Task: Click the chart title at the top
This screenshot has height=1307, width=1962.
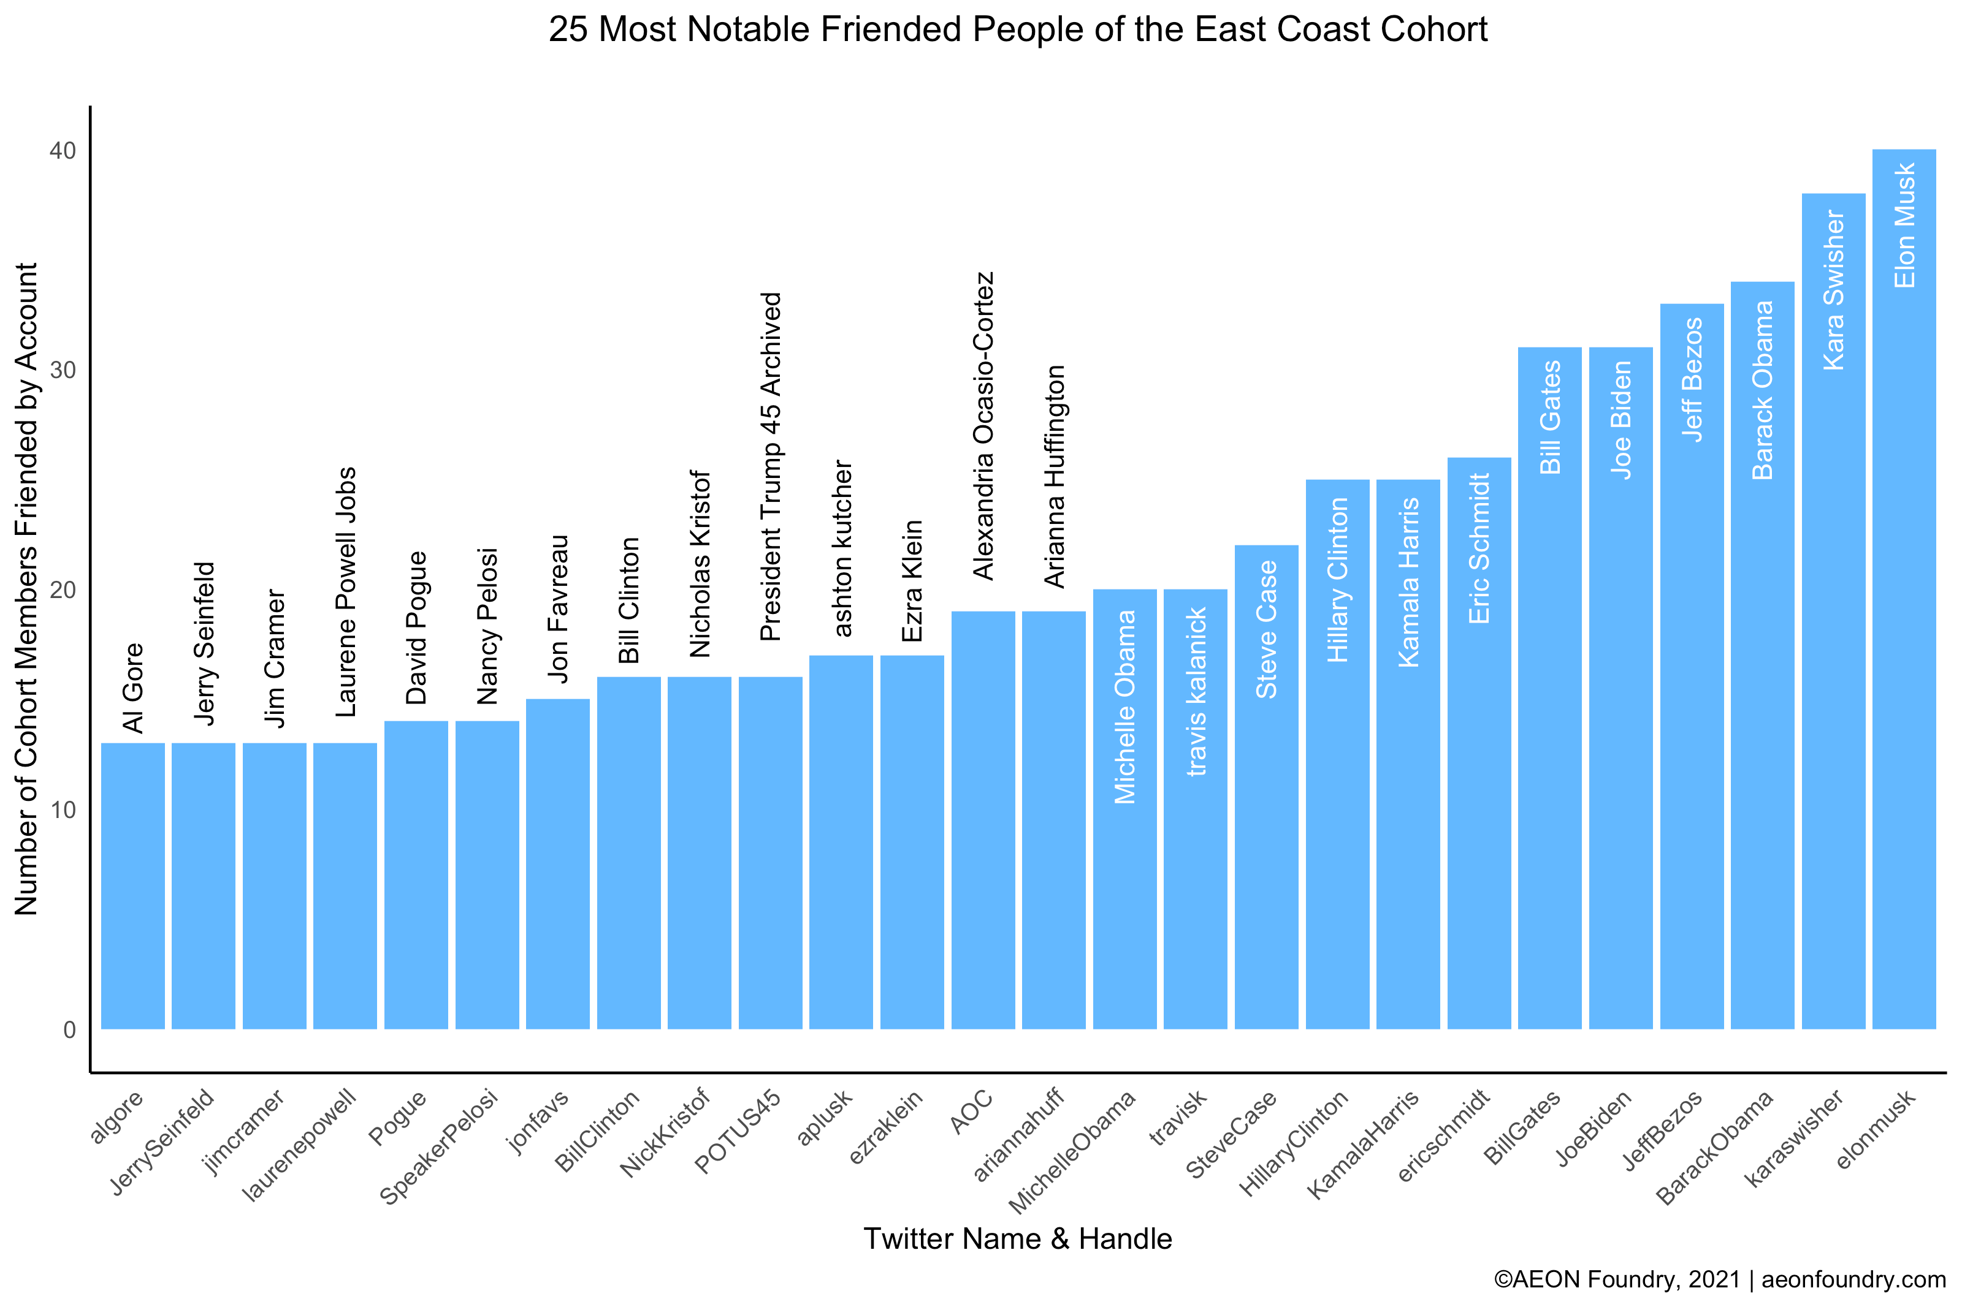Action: [x=1017, y=30]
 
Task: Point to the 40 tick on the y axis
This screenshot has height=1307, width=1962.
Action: [x=63, y=151]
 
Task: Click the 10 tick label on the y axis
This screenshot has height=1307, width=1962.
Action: [x=63, y=809]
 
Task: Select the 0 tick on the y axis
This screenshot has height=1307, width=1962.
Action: [x=69, y=1029]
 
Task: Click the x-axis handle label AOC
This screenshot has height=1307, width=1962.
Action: [x=971, y=1112]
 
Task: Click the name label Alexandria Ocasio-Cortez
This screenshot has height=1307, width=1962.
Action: [x=984, y=425]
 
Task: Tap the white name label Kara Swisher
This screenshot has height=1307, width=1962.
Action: [x=1834, y=289]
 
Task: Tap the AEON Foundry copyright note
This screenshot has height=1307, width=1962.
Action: [x=1719, y=1279]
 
